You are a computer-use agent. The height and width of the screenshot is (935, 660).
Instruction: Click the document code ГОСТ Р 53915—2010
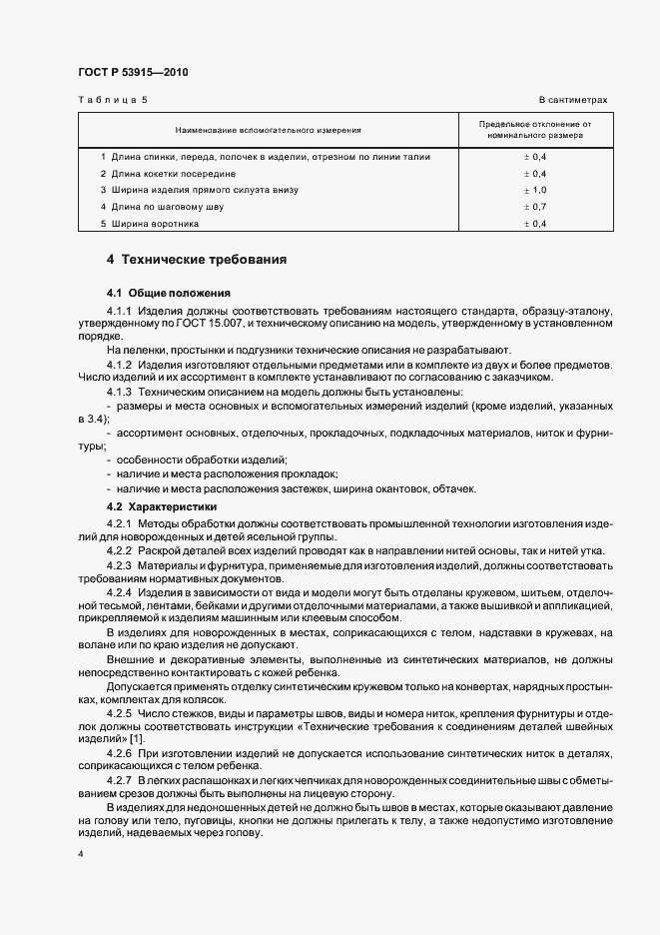coord(132,73)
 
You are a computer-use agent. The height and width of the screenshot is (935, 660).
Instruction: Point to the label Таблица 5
coord(111,101)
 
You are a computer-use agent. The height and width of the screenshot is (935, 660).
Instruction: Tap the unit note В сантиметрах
coord(573,101)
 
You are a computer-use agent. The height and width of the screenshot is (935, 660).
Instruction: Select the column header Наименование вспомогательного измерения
coord(268,130)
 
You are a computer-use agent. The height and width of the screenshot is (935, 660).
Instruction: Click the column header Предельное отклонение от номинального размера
coord(535,130)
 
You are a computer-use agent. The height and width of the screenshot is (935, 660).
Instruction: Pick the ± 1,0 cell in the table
coord(535,190)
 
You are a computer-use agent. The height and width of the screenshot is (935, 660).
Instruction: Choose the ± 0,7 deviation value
coord(535,207)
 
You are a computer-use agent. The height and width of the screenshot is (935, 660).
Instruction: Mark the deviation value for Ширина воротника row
coord(535,224)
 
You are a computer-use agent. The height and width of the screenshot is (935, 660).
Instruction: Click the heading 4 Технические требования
coord(197,260)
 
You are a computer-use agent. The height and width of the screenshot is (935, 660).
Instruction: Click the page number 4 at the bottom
coord(81,856)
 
